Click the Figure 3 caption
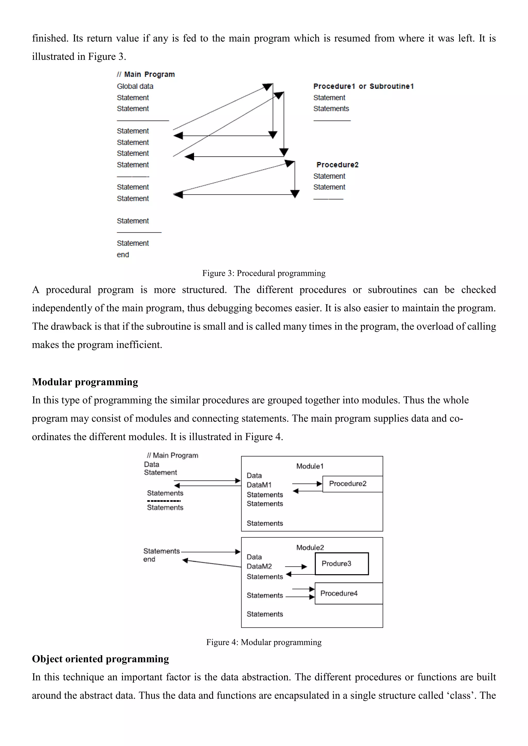(x=264, y=273)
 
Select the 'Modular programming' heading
(x=85, y=382)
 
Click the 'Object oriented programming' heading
(x=101, y=659)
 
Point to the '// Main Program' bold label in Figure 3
(x=146, y=74)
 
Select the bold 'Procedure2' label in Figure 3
(x=337, y=165)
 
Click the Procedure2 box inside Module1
(x=352, y=484)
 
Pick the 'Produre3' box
(x=341, y=564)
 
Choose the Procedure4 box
(x=348, y=593)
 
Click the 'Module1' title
(x=310, y=466)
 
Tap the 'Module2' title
(x=310, y=547)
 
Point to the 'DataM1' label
(x=259, y=485)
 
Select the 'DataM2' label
(x=259, y=566)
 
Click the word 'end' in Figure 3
(x=123, y=255)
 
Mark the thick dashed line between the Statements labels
(x=164, y=501)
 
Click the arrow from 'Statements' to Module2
(x=211, y=552)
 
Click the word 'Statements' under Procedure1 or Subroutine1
(x=331, y=108)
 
